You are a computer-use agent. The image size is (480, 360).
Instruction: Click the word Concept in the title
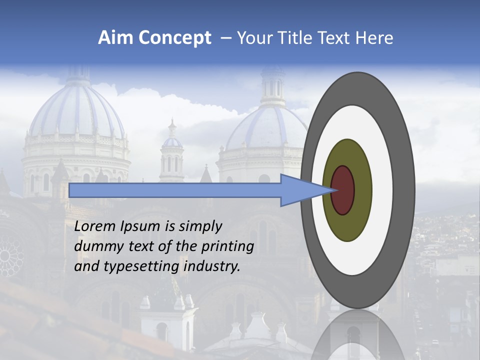pyautogui.click(x=175, y=38)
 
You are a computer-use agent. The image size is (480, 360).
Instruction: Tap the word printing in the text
pyautogui.click(x=227, y=247)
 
